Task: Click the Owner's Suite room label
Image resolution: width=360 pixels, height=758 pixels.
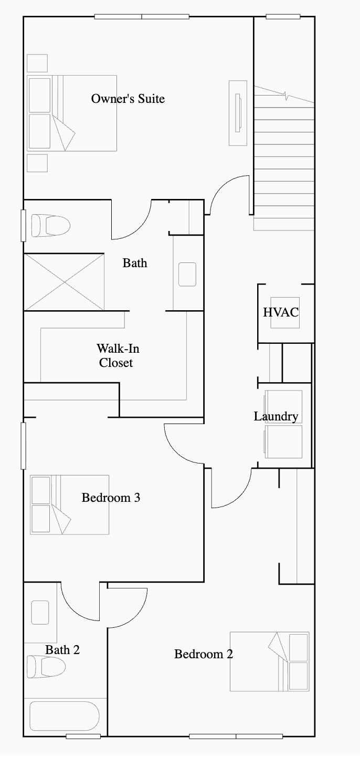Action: tap(128, 99)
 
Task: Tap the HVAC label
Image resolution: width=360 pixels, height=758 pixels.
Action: tap(280, 312)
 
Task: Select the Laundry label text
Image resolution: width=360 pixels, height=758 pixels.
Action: tap(276, 416)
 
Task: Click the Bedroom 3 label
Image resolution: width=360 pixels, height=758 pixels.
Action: tap(111, 497)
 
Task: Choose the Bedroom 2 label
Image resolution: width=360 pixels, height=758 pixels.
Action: tap(203, 654)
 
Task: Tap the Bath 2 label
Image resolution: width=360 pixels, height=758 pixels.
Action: tap(62, 650)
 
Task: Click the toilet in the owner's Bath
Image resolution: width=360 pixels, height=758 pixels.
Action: tap(50, 226)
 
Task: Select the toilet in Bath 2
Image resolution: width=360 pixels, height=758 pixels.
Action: tap(46, 667)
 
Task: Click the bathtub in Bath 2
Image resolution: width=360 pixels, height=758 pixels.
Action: tap(64, 717)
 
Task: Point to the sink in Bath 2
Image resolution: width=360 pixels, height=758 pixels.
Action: tap(40, 612)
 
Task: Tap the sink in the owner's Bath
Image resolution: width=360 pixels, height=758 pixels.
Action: tap(187, 275)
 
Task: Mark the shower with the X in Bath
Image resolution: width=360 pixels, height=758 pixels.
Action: tap(64, 282)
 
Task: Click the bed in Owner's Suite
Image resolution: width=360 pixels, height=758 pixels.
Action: tap(71, 113)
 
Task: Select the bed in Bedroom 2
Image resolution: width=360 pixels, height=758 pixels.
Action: tap(269, 661)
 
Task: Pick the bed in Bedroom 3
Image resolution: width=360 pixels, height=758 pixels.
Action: tap(69, 504)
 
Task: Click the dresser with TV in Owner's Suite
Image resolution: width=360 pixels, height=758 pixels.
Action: tap(238, 113)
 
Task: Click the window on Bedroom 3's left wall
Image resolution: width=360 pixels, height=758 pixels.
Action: tap(23, 445)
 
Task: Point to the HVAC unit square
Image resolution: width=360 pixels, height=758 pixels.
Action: tap(284, 320)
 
